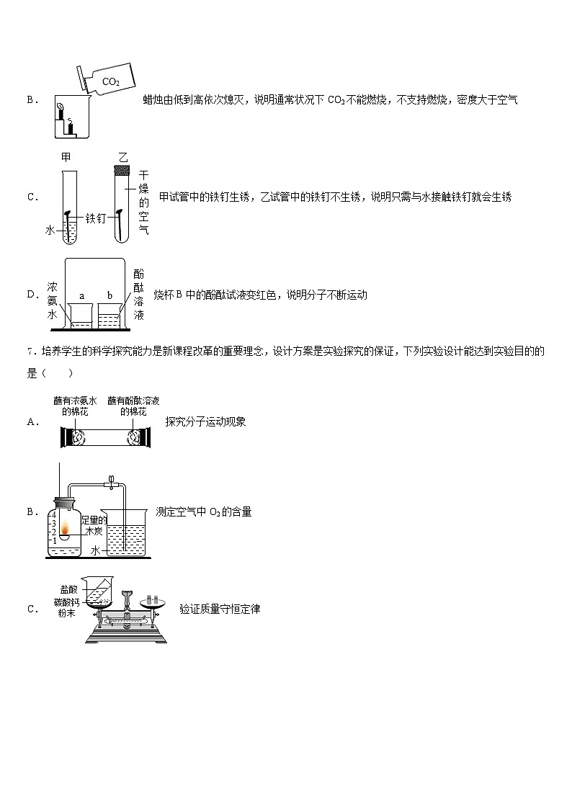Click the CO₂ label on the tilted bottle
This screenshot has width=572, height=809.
[x=110, y=81]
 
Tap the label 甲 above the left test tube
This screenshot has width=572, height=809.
[x=66, y=157]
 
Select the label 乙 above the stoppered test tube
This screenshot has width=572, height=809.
[x=122, y=157]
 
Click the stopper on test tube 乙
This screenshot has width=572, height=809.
[x=122, y=171]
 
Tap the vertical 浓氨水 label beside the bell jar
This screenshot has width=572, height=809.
[x=52, y=295]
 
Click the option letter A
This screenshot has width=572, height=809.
[x=32, y=422]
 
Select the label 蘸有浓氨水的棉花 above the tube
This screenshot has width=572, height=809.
[x=76, y=406]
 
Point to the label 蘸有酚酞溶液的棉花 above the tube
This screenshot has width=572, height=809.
[x=133, y=406]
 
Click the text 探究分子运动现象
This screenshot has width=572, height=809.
[x=205, y=422]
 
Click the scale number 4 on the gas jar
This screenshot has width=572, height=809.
[x=54, y=514]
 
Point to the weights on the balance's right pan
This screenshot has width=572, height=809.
[x=152, y=599]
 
